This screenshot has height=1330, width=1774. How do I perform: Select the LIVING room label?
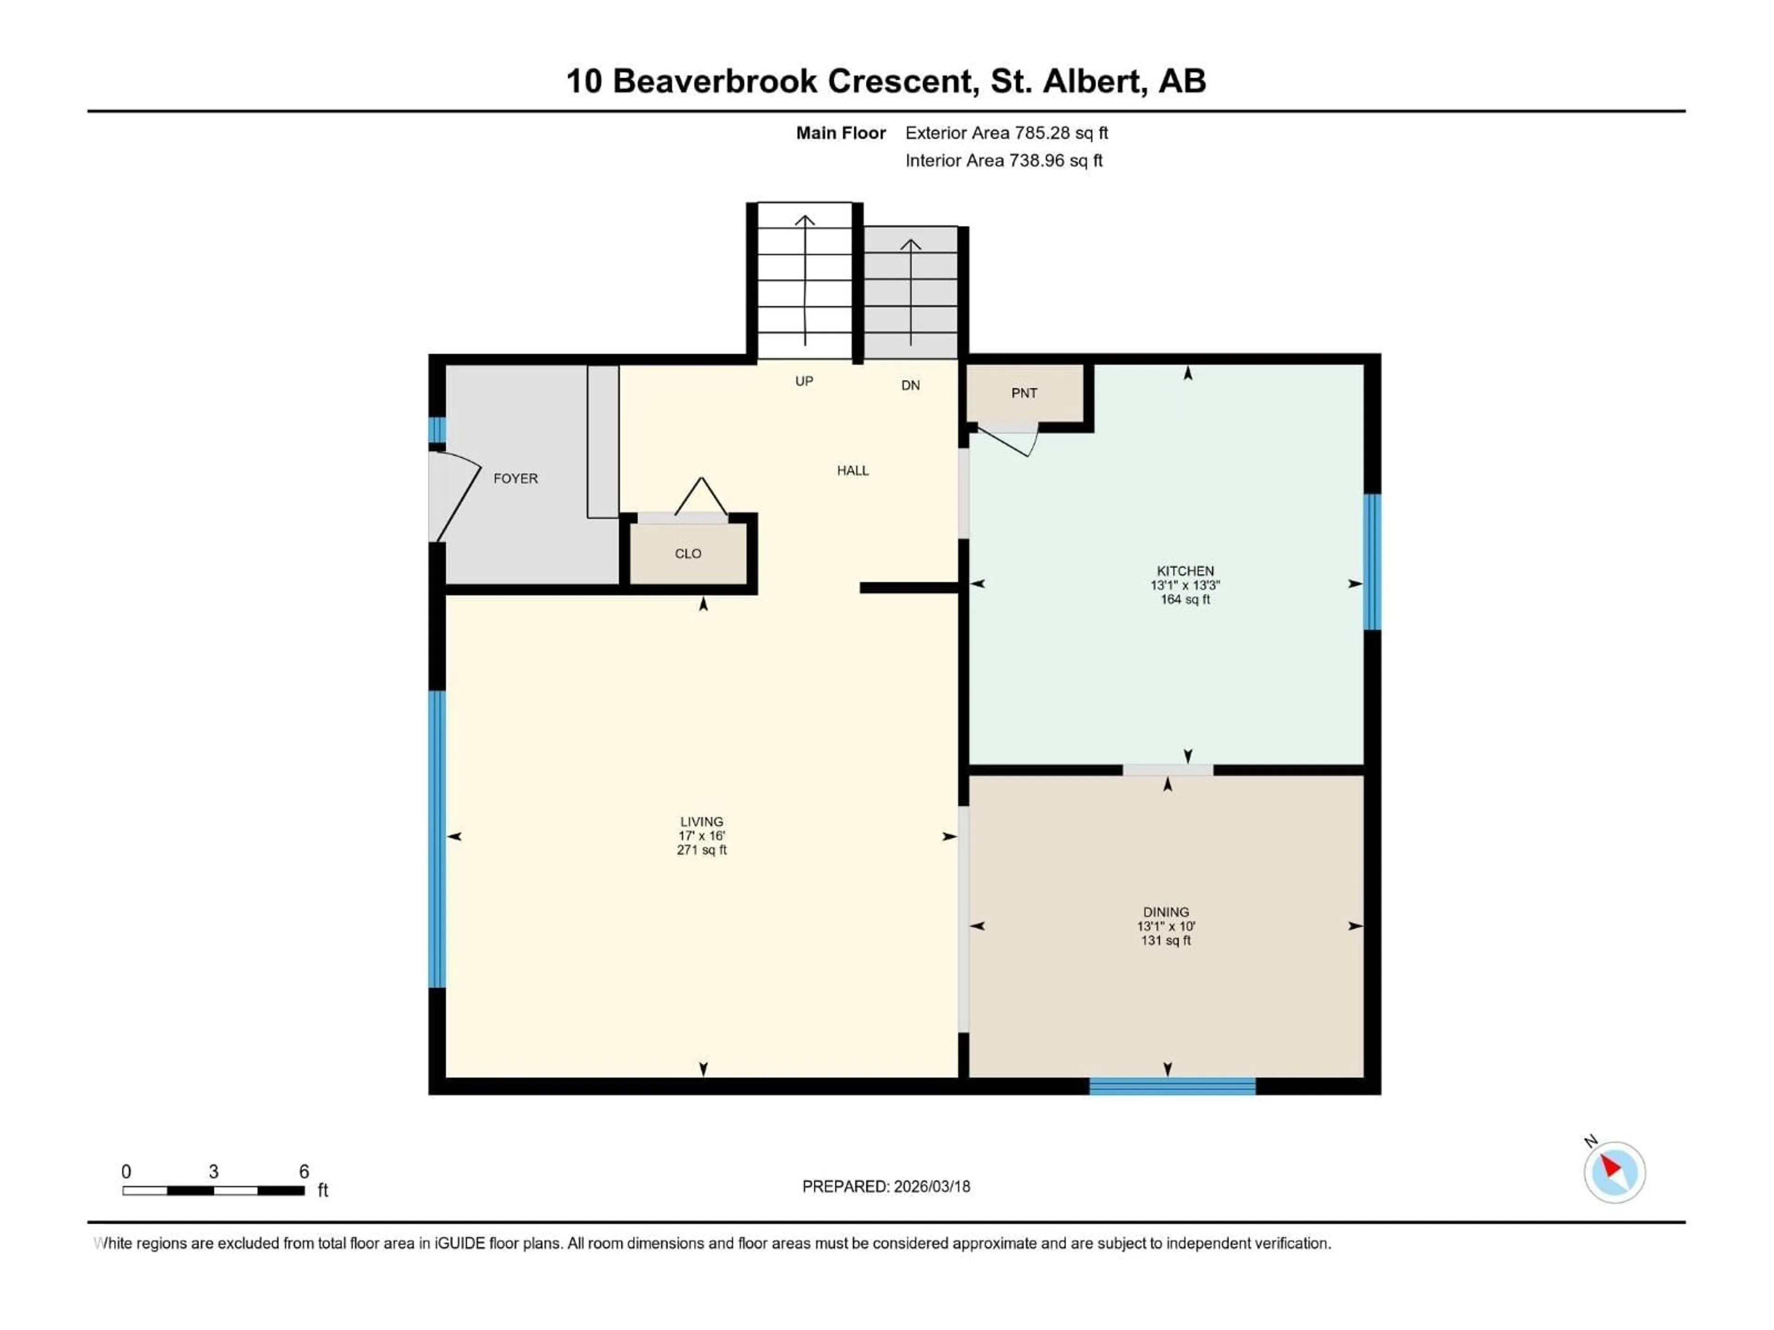[702, 821]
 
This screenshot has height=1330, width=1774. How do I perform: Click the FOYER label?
[515, 478]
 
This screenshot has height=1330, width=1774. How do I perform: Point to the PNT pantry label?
[1024, 393]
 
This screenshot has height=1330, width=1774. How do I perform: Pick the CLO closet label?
[688, 553]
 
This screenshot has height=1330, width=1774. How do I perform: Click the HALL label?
[852, 471]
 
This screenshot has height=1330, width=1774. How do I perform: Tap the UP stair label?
[803, 381]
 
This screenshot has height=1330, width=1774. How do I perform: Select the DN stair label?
[910, 386]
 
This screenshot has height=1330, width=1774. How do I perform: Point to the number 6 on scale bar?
[304, 1171]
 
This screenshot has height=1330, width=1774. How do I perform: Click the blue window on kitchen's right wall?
[1372, 561]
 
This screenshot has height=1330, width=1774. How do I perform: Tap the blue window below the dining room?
[1172, 1086]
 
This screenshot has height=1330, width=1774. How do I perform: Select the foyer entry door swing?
[453, 496]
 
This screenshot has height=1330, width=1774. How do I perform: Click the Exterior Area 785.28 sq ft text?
[1007, 133]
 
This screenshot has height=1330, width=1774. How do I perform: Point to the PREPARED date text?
[886, 1186]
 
